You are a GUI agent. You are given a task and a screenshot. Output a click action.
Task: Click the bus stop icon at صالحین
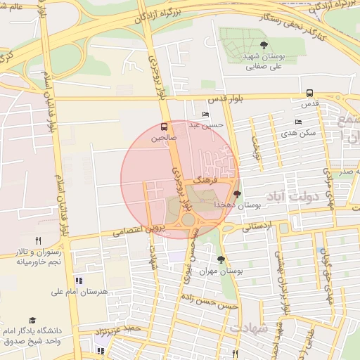tap(164, 127)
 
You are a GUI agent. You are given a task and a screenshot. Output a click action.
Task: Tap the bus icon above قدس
tap(310, 93)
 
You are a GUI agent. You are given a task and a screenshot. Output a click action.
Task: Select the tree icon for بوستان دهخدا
tap(236, 193)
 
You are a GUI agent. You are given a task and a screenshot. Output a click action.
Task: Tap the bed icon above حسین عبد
tap(205, 115)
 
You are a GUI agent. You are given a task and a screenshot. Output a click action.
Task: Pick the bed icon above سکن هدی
tap(298, 122)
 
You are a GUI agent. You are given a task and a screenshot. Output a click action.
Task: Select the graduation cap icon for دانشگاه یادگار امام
tap(32, 320)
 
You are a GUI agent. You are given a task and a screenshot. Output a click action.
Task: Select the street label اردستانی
tap(258, 226)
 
